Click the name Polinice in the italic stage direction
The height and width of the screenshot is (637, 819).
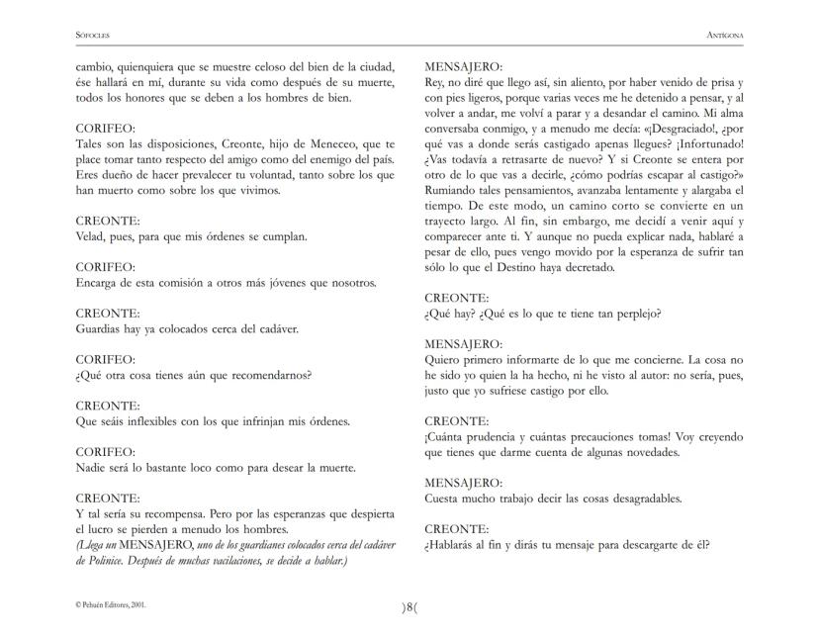point(96,561)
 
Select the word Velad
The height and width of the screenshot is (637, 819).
point(93,236)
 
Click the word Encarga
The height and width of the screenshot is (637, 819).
point(101,283)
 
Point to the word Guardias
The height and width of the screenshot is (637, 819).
point(103,328)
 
